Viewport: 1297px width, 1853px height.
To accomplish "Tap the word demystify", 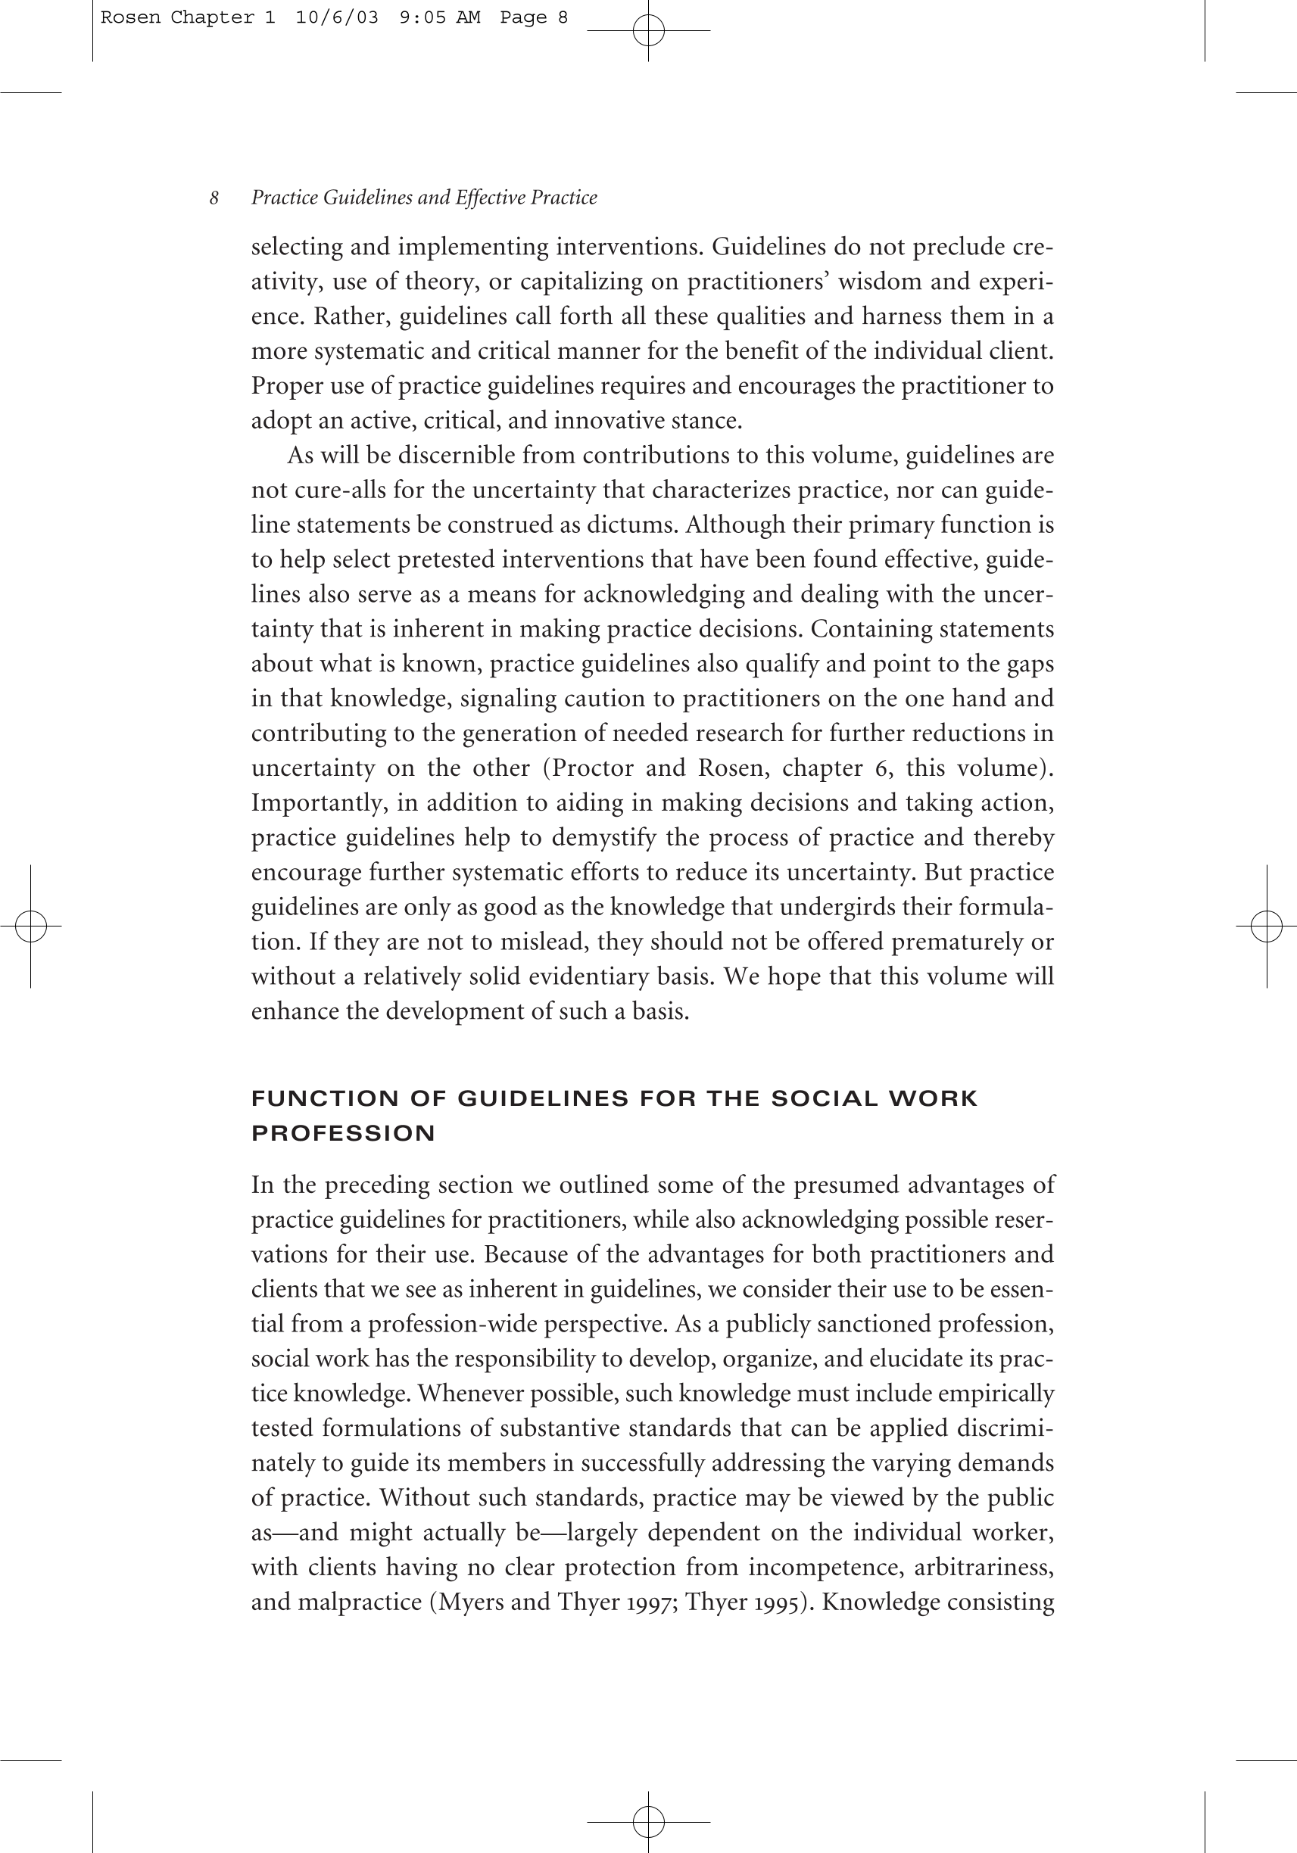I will pyautogui.click(x=603, y=838).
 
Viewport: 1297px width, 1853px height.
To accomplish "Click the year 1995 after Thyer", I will pyautogui.click(x=781, y=1602).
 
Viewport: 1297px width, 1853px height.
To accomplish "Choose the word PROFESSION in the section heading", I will pyautogui.click(x=343, y=1133).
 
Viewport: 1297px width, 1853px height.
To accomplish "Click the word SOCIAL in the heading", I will pyautogui.click(x=824, y=1098).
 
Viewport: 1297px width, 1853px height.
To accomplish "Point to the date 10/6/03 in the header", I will pyautogui.click(x=337, y=17).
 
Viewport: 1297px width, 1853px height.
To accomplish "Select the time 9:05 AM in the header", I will pyautogui.click(x=440, y=17).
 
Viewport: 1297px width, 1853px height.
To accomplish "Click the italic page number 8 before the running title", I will pyautogui.click(x=214, y=198).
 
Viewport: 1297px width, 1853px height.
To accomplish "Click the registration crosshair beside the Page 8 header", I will pyautogui.click(x=648, y=31).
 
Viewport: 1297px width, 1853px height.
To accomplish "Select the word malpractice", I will pyautogui.click(x=360, y=1602).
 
